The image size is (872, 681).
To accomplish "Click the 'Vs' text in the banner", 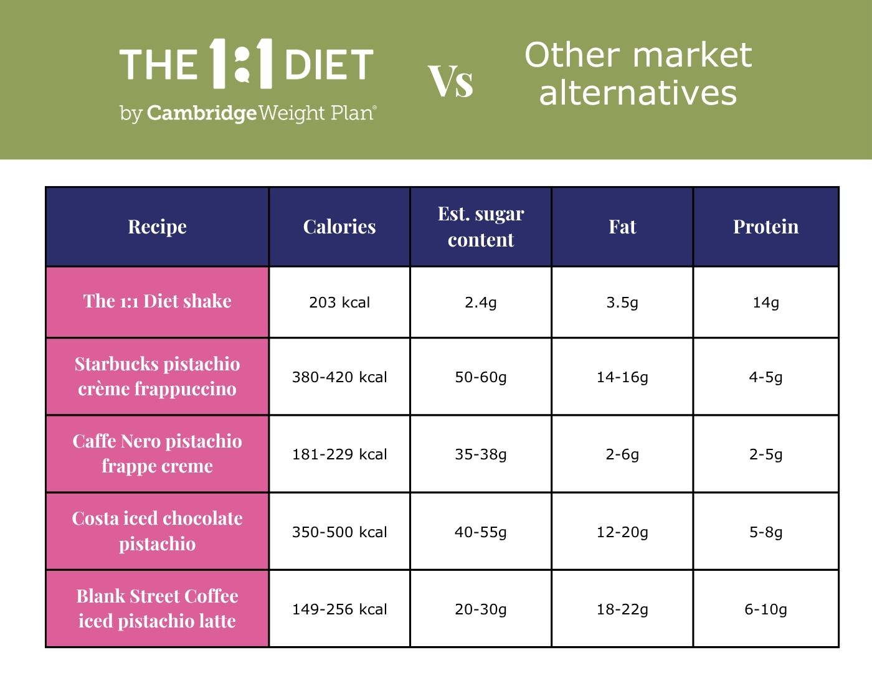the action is coord(451,82).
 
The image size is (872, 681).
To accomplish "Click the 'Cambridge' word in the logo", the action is coord(201,113).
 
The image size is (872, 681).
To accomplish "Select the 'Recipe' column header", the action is coord(158,227).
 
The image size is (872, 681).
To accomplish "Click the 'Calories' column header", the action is coord(339,227).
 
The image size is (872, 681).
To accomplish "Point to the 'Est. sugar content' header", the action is coord(481,227).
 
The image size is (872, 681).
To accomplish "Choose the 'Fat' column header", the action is coord(622,227).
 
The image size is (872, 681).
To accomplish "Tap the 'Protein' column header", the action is coord(765,227).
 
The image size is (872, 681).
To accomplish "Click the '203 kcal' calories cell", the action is coord(339,303).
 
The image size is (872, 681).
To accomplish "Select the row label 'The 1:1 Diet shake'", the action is coord(158,301).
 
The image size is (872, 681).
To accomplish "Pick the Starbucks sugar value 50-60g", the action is coord(481,377).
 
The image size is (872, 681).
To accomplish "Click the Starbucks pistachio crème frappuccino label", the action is coord(158,377).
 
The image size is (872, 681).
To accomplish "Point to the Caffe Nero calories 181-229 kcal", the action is coord(339,455).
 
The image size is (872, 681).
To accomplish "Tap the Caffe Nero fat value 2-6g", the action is coord(622,455).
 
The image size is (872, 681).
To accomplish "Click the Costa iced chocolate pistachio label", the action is coord(158,532).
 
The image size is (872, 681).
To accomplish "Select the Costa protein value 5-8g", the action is coord(765,532).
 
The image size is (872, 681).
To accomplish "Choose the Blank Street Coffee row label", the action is coord(158,608).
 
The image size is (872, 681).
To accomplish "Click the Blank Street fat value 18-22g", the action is coord(622,609).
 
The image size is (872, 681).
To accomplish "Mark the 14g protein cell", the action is coord(765,303).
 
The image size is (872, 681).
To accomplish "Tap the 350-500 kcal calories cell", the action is coord(339,532).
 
